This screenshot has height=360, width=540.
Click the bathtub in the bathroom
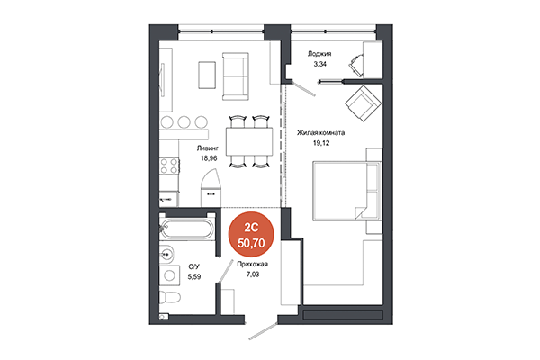pos(186,229)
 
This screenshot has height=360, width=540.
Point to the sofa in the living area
pos(238,76)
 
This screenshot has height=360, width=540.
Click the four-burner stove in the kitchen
pos(167,166)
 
